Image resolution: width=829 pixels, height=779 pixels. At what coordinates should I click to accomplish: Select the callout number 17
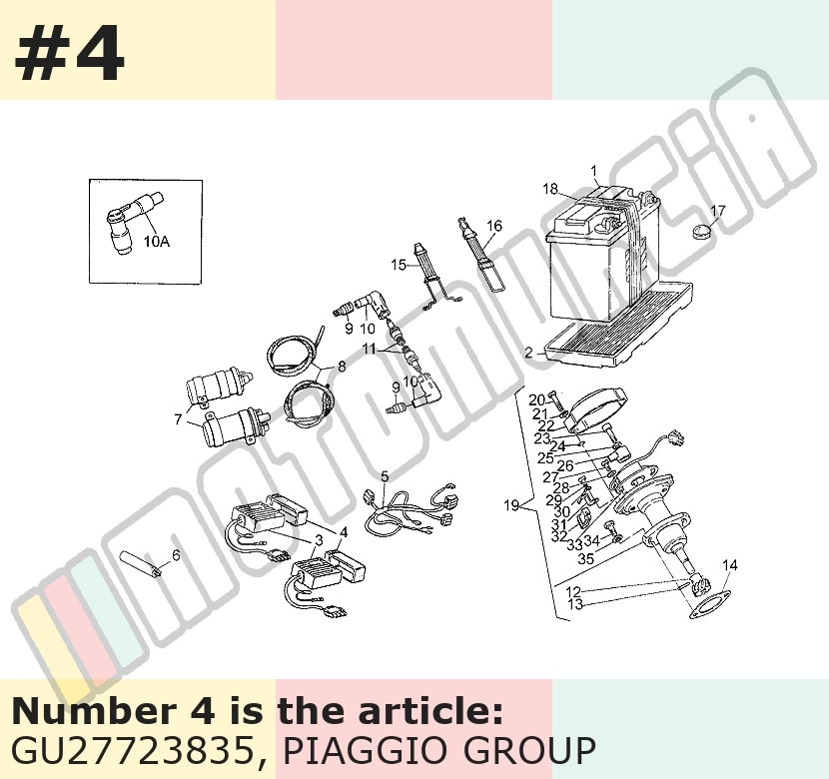[x=718, y=211]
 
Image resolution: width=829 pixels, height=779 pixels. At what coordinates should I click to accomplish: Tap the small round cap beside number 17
[x=702, y=231]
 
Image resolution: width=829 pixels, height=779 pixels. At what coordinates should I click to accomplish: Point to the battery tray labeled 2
[x=618, y=328]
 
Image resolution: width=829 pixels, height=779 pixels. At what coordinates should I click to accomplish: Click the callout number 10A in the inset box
[x=157, y=242]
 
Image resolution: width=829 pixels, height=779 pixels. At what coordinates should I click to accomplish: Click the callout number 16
[x=493, y=226]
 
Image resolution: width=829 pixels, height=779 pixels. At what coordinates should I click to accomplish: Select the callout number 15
[x=399, y=265]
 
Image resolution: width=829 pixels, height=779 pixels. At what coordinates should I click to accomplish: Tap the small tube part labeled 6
[x=141, y=564]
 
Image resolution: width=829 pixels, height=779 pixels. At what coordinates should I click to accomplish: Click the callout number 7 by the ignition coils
[x=178, y=419]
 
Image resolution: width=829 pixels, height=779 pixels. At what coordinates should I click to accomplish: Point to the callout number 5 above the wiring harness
[x=385, y=476]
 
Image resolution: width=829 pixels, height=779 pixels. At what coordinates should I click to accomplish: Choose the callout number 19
[x=511, y=505]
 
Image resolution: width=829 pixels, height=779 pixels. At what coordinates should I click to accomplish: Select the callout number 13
[x=575, y=603]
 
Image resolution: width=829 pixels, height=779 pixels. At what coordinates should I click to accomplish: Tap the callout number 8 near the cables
[x=342, y=366]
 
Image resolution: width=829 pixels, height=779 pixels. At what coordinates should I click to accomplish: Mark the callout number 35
[x=586, y=558]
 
